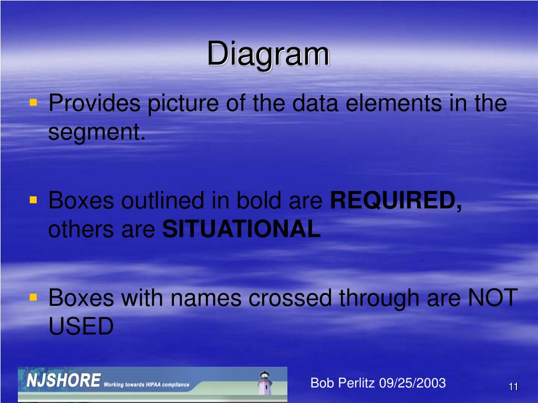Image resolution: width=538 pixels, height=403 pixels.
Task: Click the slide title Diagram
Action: pyautogui.click(x=268, y=55)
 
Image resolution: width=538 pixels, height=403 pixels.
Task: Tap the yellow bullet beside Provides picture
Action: pyautogui.click(x=33, y=102)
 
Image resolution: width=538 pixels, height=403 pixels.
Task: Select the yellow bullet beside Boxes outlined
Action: pyautogui.click(x=33, y=199)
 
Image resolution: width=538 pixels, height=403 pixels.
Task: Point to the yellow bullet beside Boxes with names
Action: pyautogui.click(x=33, y=297)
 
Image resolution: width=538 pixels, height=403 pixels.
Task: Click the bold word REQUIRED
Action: pyautogui.click(x=396, y=200)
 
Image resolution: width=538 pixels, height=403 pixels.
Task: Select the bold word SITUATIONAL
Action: pyautogui.click(x=242, y=229)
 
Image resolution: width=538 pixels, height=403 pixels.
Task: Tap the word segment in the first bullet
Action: pyautogui.click(x=97, y=132)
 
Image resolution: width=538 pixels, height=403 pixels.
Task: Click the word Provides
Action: pyautogui.click(x=95, y=103)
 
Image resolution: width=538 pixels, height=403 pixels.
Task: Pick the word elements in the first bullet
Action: pyautogui.click(x=394, y=103)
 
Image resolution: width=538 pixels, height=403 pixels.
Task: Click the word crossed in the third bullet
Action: pyautogui.click(x=290, y=298)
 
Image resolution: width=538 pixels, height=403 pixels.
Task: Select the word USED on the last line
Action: pyautogui.click(x=81, y=326)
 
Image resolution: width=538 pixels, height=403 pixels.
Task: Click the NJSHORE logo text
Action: pyautogui.click(x=64, y=380)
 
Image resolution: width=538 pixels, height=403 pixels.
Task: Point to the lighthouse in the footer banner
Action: pyautogui.click(x=265, y=383)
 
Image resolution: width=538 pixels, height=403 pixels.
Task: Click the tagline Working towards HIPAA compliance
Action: pyautogui.click(x=147, y=385)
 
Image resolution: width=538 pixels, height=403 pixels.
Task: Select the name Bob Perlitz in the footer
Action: pyautogui.click(x=343, y=383)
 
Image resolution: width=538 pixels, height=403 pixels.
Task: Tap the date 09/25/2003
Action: pyautogui.click(x=412, y=383)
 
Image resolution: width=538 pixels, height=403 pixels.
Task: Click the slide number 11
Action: pyautogui.click(x=513, y=387)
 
